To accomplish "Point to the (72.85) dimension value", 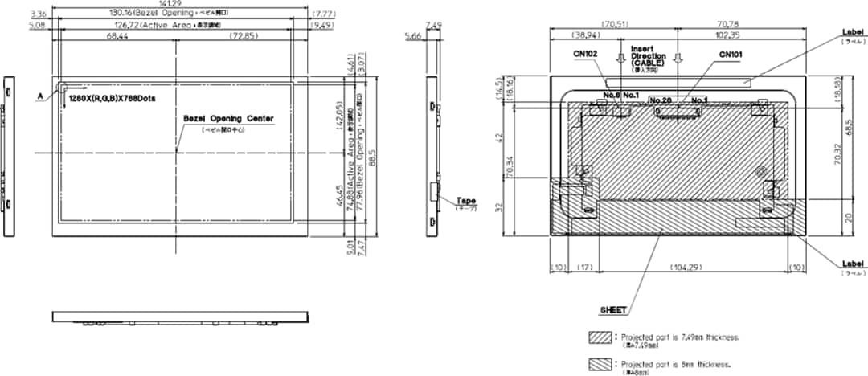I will pos(244,37).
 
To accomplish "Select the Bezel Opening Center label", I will pos(228,118).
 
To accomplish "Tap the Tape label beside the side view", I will pos(466,201).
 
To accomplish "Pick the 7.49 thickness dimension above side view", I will pos(433,25).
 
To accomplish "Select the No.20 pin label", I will pos(659,100).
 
